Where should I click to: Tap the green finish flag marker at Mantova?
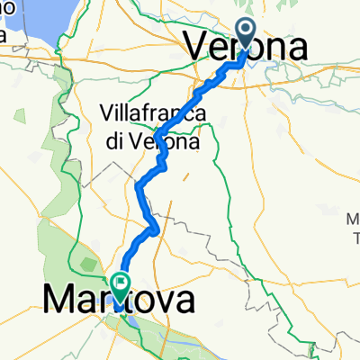(x=121, y=284)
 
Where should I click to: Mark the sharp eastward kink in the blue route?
(x=157, y=229)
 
